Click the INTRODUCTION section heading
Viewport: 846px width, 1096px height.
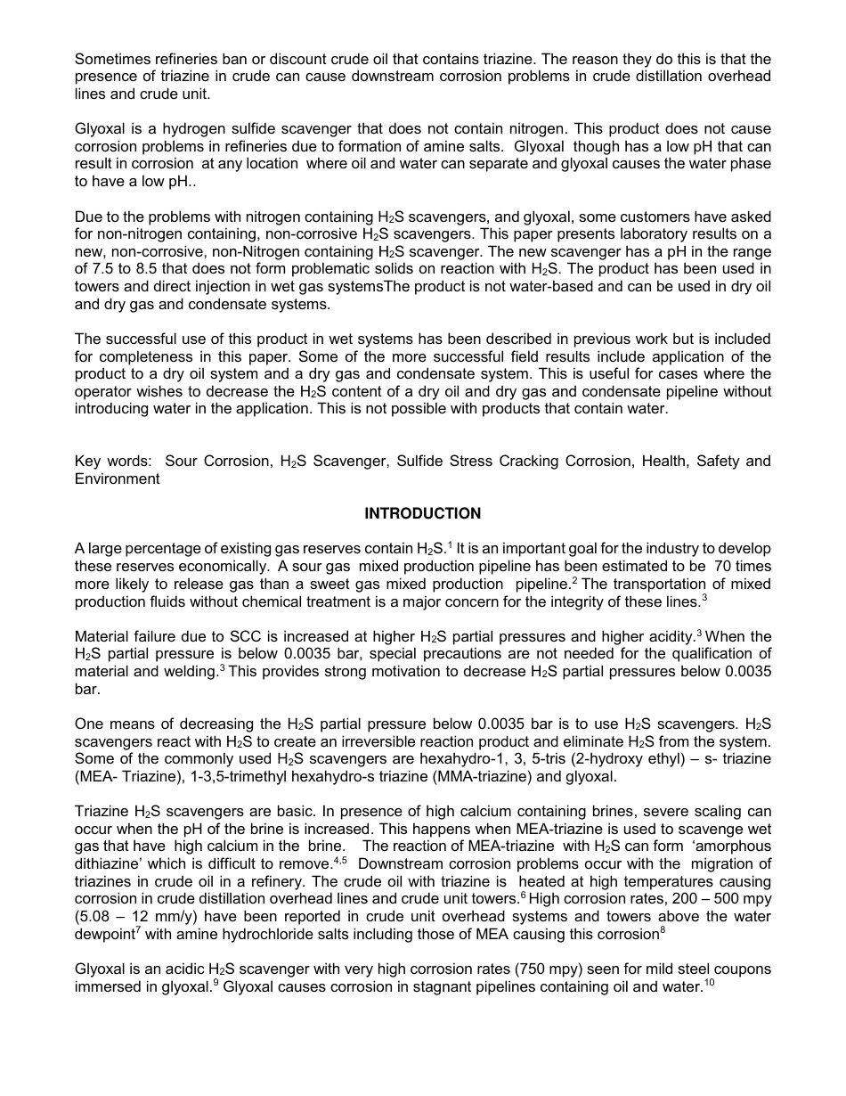(422, 514)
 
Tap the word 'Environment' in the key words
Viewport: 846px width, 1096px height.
(117, 479)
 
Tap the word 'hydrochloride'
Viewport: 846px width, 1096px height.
(296, 935)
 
